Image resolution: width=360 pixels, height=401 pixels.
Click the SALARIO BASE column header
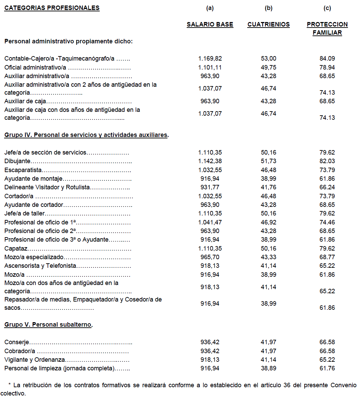[210, 24]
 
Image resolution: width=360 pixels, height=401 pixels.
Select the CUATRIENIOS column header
[269, 24]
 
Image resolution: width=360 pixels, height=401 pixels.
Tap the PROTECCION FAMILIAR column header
[327, 29]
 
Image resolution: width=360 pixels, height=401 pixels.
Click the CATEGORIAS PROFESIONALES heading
[52, 8]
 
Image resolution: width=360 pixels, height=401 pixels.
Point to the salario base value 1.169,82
[210, 59]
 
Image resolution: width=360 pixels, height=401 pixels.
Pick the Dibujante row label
[18, 161]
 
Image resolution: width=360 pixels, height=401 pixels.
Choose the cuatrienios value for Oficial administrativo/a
[269, 67]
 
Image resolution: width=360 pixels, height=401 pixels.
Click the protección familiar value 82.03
[327, 161]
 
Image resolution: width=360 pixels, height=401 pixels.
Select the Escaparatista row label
[23, 170]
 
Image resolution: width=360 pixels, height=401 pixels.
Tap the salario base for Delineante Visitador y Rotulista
[210, 187]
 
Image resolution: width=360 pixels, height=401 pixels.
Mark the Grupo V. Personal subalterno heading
[48, 325]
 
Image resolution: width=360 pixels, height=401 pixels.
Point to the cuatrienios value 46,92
[269, 222]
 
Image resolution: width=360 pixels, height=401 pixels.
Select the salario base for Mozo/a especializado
[210, 257]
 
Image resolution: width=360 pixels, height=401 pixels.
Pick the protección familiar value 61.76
[327, 368]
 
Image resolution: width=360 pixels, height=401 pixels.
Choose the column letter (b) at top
[269, 8]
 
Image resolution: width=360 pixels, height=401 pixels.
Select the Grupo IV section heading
[86, 135]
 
